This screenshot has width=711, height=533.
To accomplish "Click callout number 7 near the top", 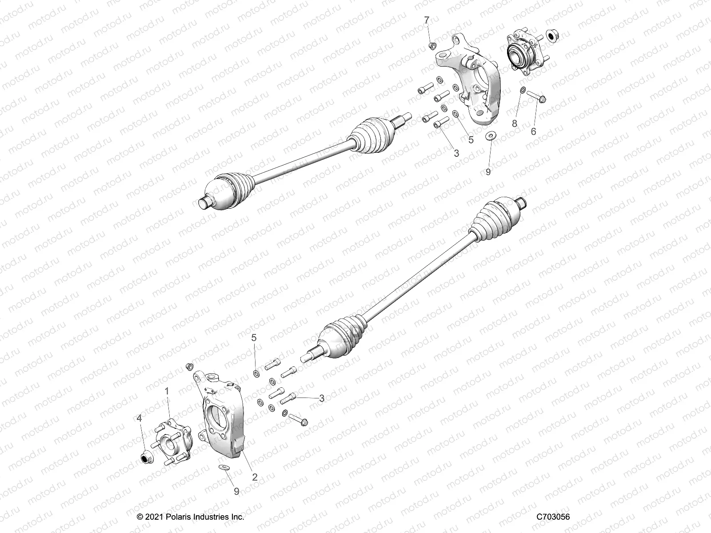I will tap(427, 20).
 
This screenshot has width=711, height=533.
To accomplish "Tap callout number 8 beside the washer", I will tap(515, 123).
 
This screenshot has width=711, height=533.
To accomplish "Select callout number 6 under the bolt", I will tap(533, 131).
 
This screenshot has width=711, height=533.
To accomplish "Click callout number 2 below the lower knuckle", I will tap(255, 477).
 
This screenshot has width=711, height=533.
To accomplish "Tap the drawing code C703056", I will tap(553, 517).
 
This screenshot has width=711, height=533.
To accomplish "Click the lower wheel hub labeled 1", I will tap(173, 442).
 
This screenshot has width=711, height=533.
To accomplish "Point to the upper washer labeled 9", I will tap(491, 136).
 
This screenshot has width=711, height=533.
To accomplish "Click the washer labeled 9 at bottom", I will tap(224, 467).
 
